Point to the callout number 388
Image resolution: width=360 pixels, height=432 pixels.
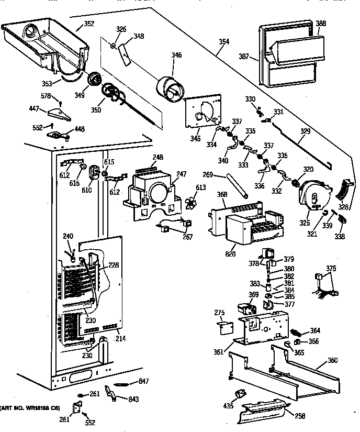click(x=320, y=24)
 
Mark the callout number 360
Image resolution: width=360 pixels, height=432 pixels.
click(x=332, y=360)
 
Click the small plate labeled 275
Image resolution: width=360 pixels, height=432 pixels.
click(x=224, y=327)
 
